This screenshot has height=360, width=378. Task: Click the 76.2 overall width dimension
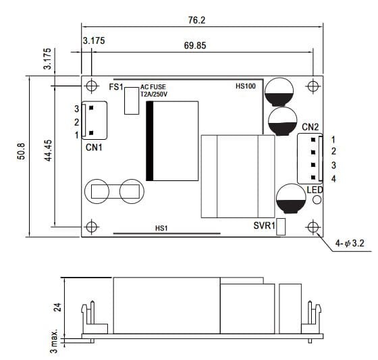tap(196, 20)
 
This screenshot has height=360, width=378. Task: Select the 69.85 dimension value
tap(195, 46)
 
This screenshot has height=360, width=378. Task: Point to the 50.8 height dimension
tap(21, 151)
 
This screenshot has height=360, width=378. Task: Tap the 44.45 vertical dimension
tap(48, 151)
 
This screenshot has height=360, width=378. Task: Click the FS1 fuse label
tap(116, 87)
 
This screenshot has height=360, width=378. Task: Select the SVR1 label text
tap(264, 226)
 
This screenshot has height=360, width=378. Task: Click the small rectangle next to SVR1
tap(281, 227)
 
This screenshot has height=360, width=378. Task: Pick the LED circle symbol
tap(317, 200)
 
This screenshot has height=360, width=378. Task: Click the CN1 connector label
tap(94, 147)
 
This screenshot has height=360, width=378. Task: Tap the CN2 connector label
tap(310, 127)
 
